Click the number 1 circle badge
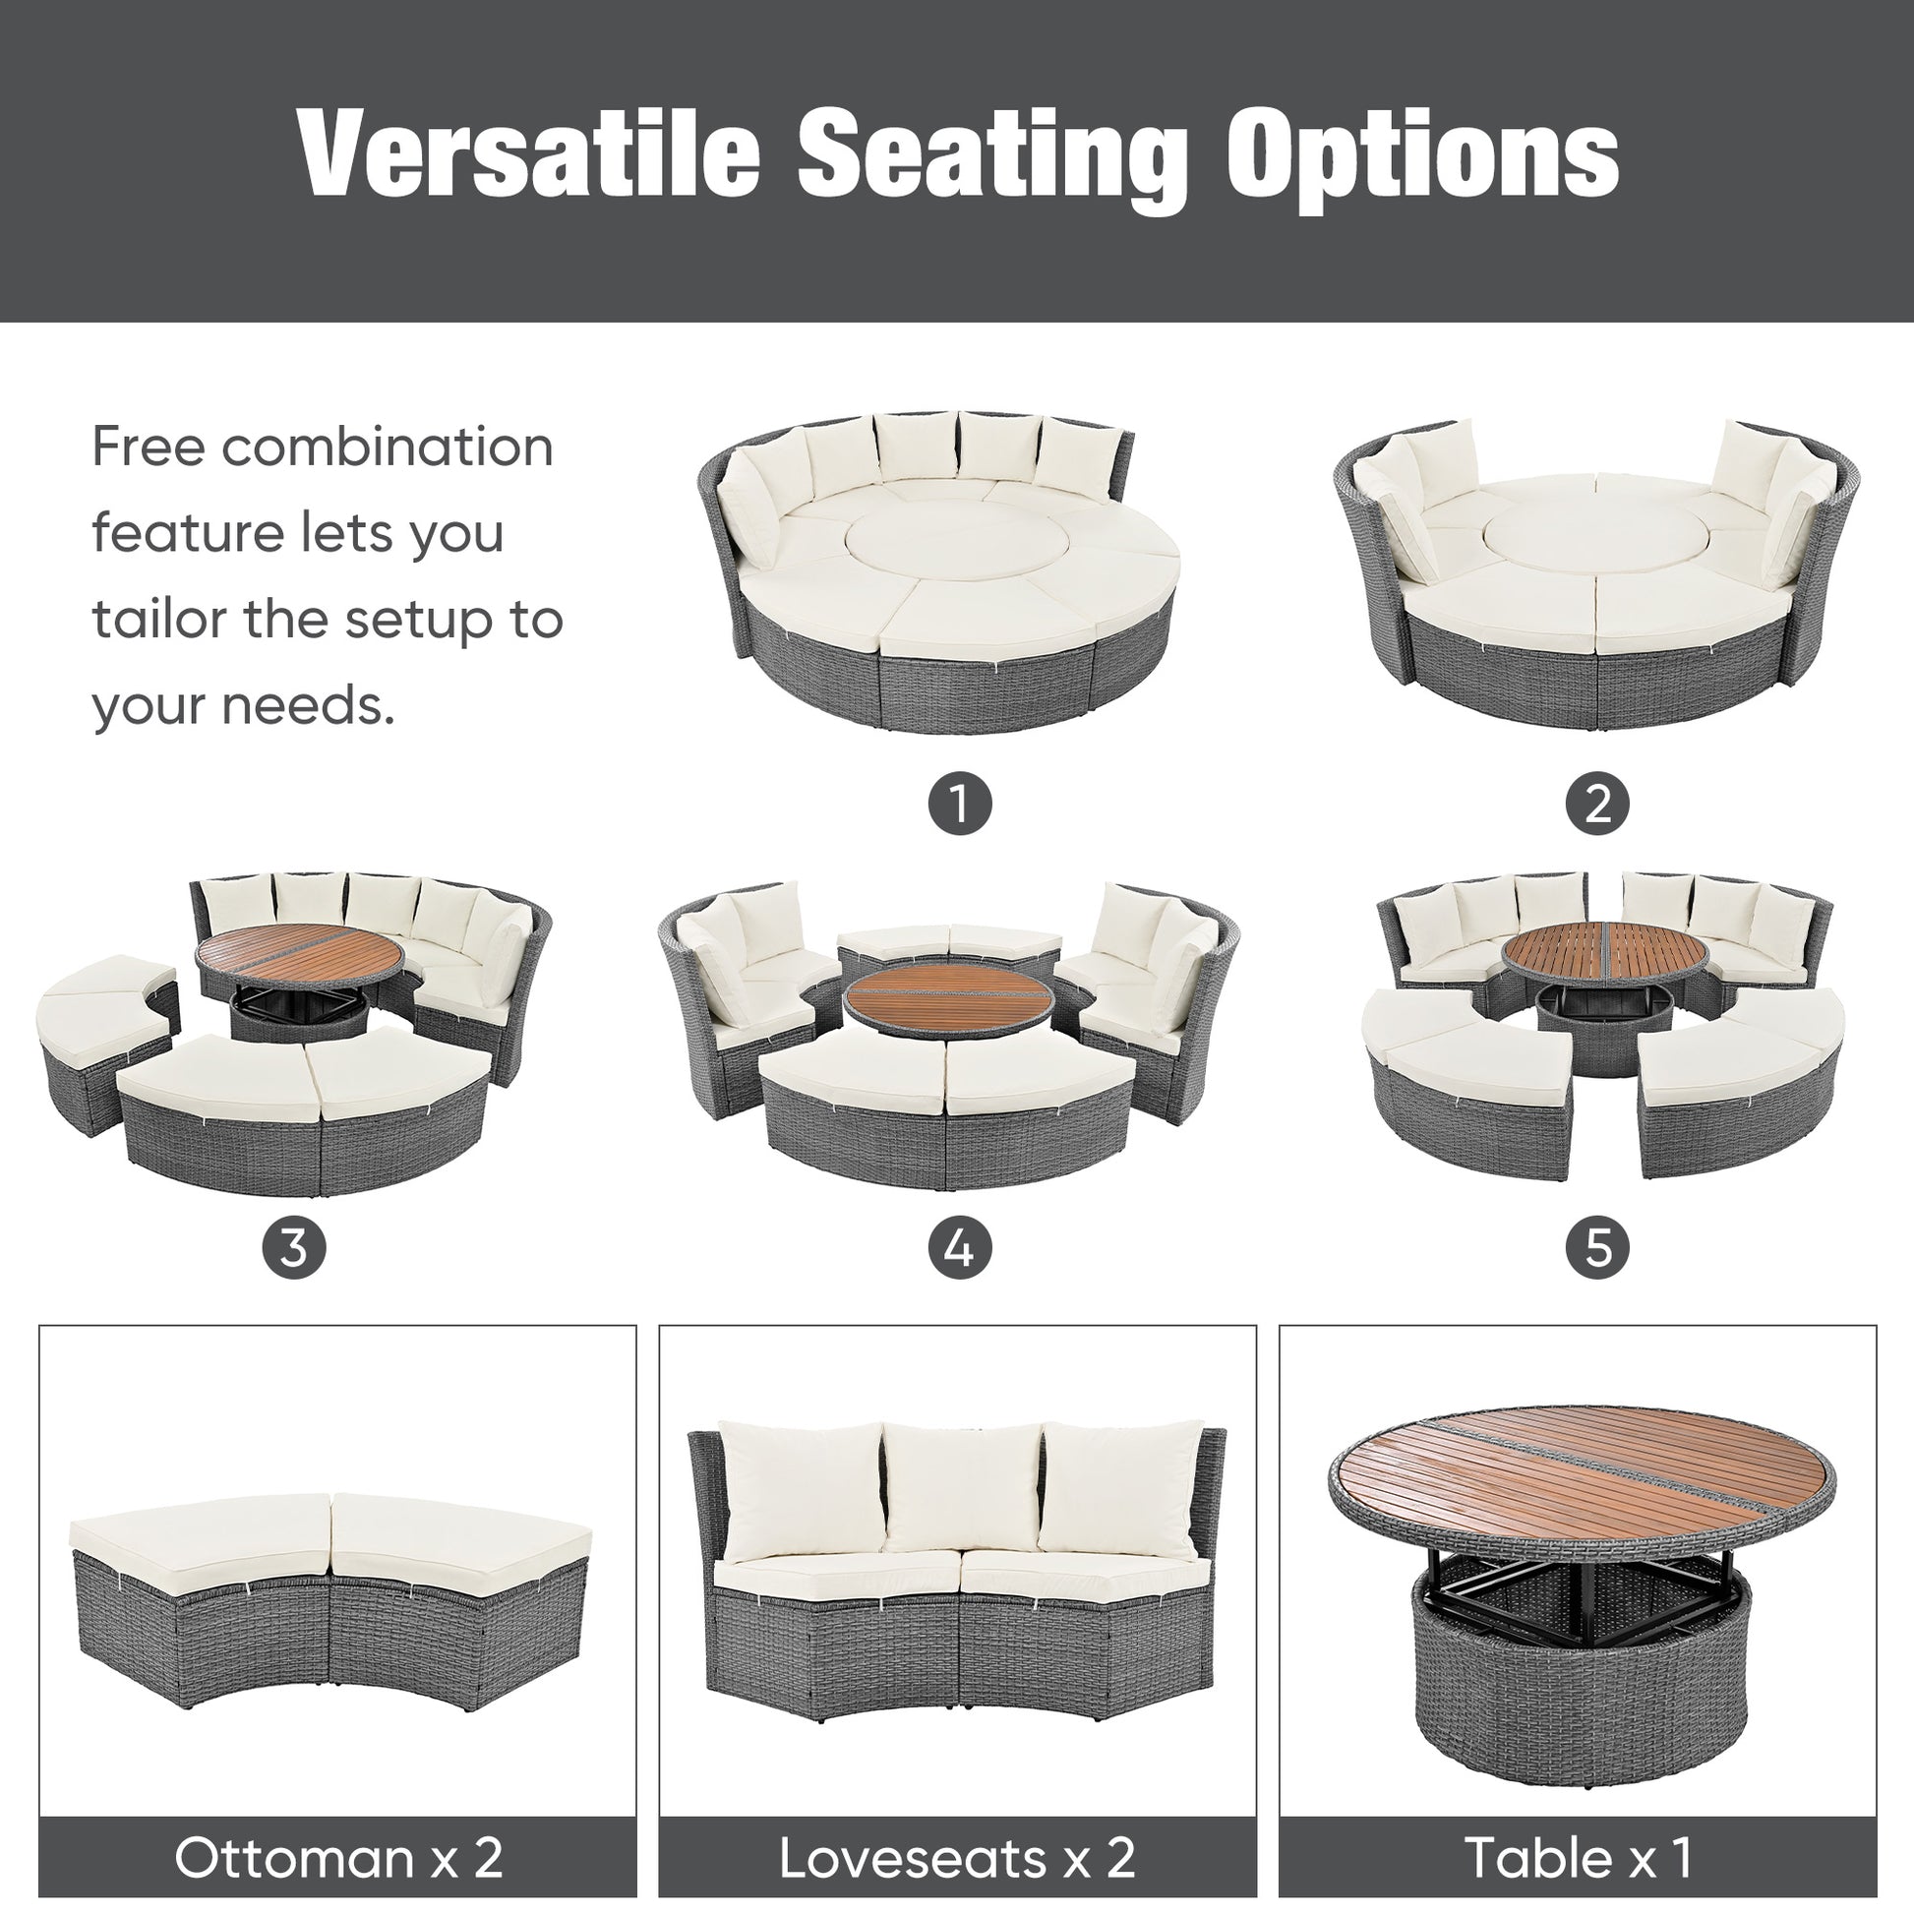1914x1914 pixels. coord(959,804)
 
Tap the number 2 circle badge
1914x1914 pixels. coord(1597,804)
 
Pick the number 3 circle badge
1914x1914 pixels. coord(293,1247)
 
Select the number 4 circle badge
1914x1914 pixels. coord(959,1247)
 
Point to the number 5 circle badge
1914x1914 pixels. coord(1597,1247)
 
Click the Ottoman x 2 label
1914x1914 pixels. coord(337,1858)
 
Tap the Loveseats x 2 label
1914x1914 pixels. coord(957,1858)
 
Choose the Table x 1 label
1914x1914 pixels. coord(1578,1858)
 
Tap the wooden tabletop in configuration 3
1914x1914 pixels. coord(299,951)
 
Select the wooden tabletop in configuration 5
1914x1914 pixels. coord(1605,949)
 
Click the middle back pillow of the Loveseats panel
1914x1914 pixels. coord(961,1487)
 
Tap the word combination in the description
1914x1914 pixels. coord(388,447)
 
